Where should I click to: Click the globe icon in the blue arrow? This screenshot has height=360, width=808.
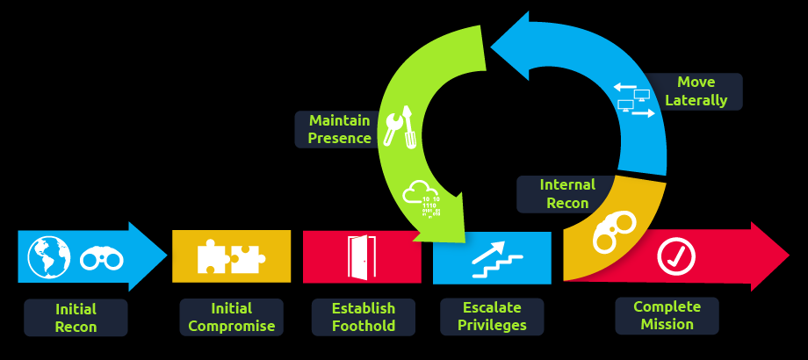48,256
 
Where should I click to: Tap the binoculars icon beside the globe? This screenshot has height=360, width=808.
102,258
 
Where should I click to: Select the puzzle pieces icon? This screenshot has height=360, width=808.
231,256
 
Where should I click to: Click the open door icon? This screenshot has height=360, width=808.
361,256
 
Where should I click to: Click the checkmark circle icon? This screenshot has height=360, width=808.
676,256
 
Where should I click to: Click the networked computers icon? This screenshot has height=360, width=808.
634,100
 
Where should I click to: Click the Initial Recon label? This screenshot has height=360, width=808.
76,318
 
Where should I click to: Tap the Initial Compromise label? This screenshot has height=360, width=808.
232,317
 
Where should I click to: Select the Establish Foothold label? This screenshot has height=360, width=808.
364,317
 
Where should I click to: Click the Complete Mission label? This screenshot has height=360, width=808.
667,315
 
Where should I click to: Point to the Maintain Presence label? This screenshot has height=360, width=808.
339,129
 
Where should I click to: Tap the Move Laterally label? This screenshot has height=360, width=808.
696,91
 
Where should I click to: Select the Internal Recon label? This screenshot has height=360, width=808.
567,193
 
